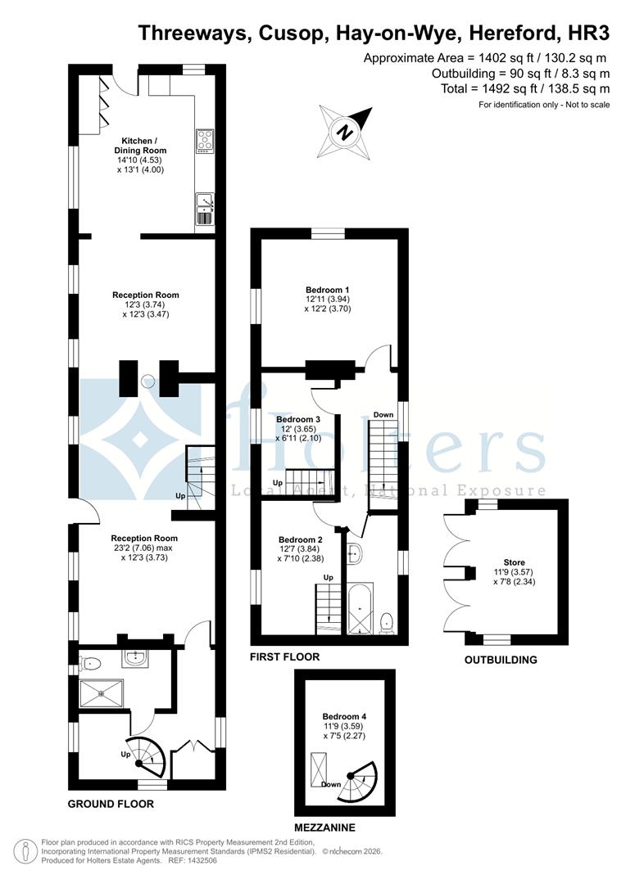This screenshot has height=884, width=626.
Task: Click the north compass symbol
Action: click(346, 132)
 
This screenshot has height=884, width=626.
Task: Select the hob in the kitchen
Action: click(204, 141)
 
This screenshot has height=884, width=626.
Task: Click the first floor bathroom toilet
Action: click(388, 623)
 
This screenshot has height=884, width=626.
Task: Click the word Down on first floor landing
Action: click(383, 414)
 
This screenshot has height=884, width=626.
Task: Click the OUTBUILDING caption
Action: click(501, 660)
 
